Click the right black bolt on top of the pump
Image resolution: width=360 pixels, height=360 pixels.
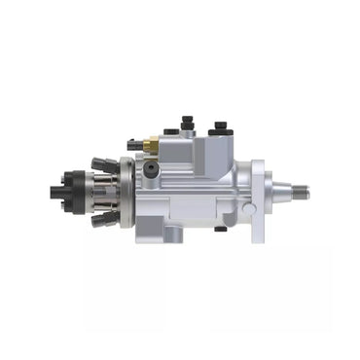220,126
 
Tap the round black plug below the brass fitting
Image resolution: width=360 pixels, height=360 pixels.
151,167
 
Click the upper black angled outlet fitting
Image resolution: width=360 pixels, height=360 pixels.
101,162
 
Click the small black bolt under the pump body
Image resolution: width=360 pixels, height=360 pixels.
221,230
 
